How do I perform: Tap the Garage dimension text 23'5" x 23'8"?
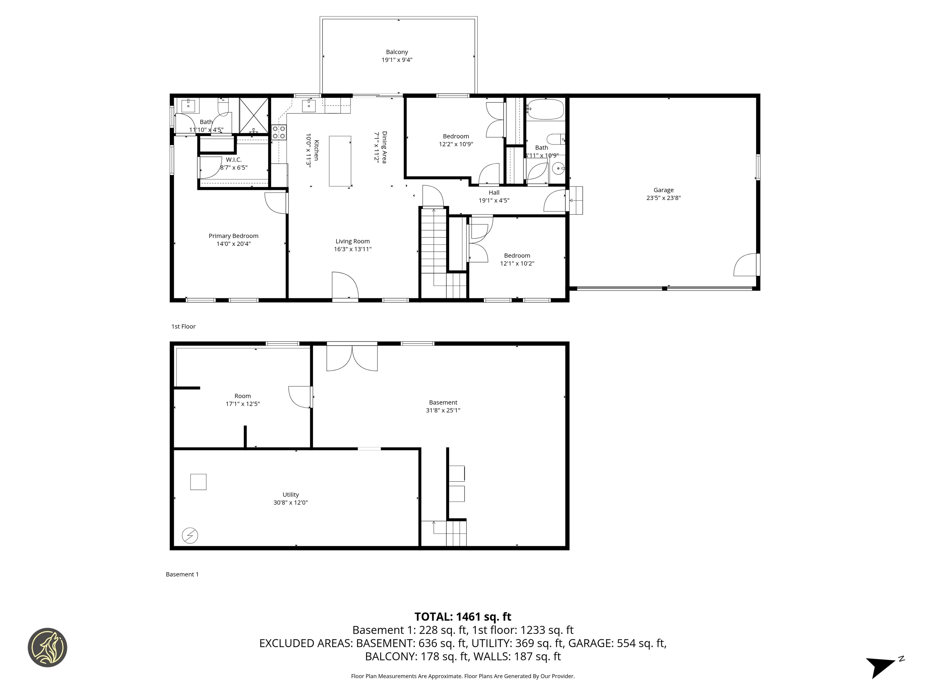(x=663, y=198)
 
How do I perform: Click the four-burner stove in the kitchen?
(x=279, y=132)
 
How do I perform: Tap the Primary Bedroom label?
(x=233, y=236)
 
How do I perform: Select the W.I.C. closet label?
(x=234, y=160)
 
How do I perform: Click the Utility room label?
(x=291, y=494)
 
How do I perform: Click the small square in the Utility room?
(x=198, y=482)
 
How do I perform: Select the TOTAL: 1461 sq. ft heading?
(x=463, y=617)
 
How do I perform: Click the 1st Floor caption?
(x=183, y=326)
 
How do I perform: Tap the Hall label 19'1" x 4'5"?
(x=494, y=196)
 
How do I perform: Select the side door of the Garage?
(x=746, y=265)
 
